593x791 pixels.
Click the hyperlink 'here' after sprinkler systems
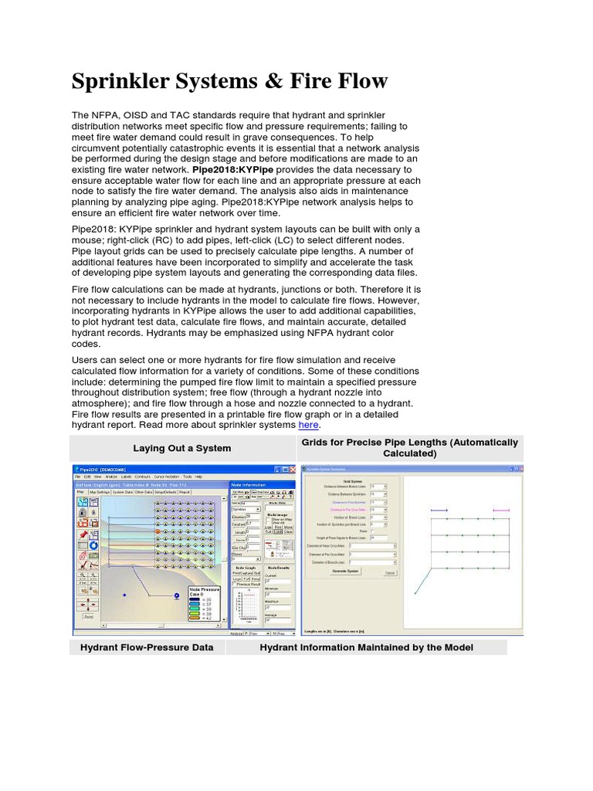tap(308, 425)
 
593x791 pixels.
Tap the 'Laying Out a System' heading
tap(181, 448)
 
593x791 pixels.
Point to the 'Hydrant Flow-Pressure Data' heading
tap(147, 647)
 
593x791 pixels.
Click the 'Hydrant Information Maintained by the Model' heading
tap(366, 647)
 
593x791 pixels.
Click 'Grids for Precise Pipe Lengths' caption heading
tap(410, 443)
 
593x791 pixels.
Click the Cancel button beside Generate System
tap(389, 572)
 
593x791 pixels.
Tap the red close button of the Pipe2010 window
tap(292, 470)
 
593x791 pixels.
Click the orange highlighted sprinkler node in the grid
tap(158, 531)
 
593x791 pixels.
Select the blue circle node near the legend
tap(176, 596)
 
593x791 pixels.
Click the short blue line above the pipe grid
tap(439, 511)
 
